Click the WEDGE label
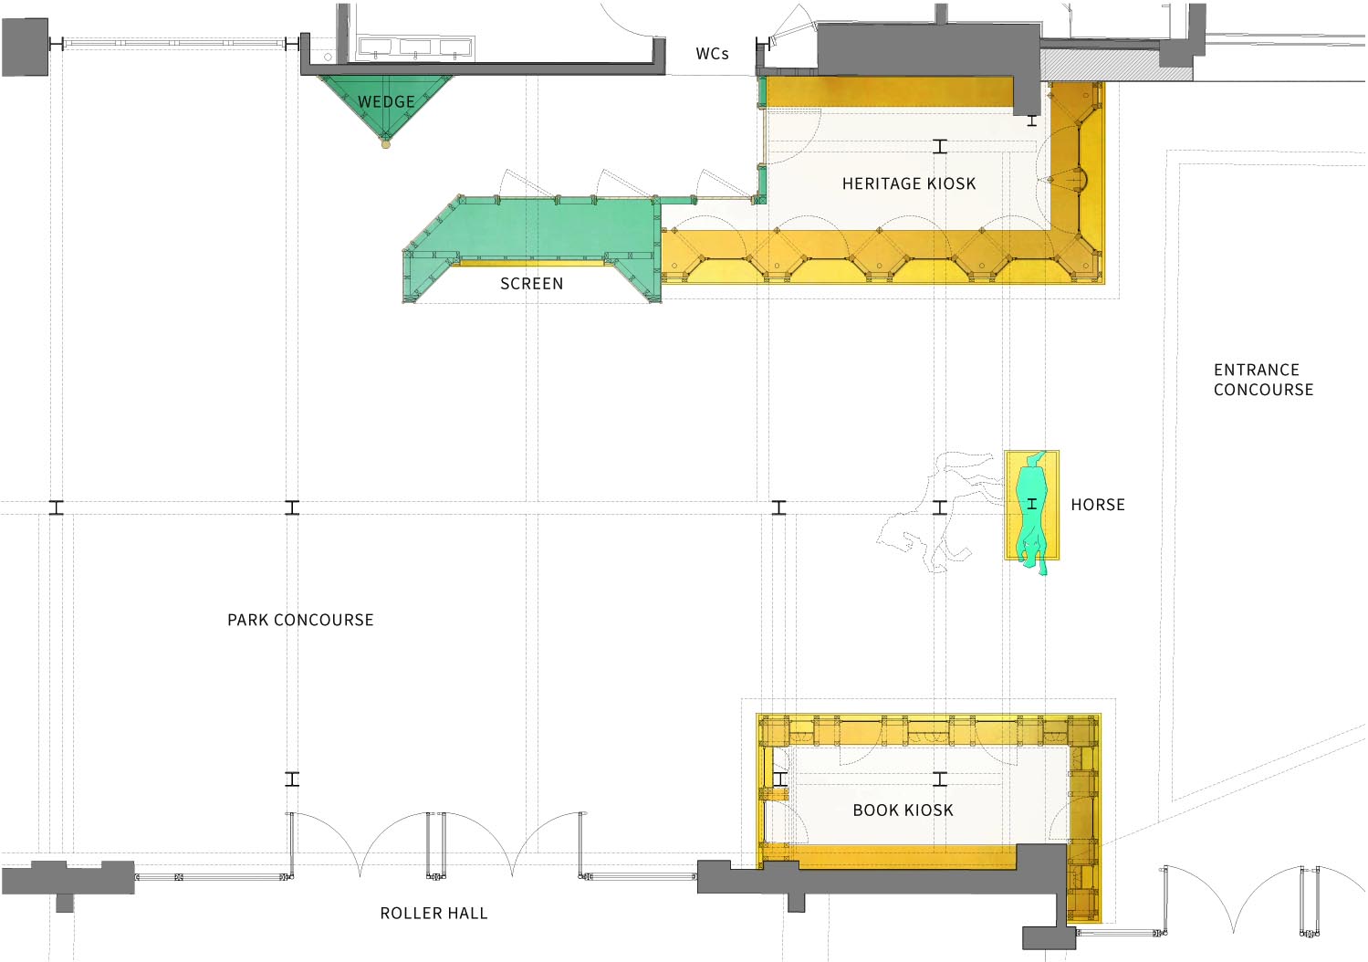point(386,101)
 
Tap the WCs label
point(712,54)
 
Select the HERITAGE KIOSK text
point(909,183)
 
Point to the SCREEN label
point(531,284)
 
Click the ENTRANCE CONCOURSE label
point(1263,380)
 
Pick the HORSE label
point(1098,505)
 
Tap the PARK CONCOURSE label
point(300,620)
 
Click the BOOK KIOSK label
point(903,810)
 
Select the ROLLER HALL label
point(433,913)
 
